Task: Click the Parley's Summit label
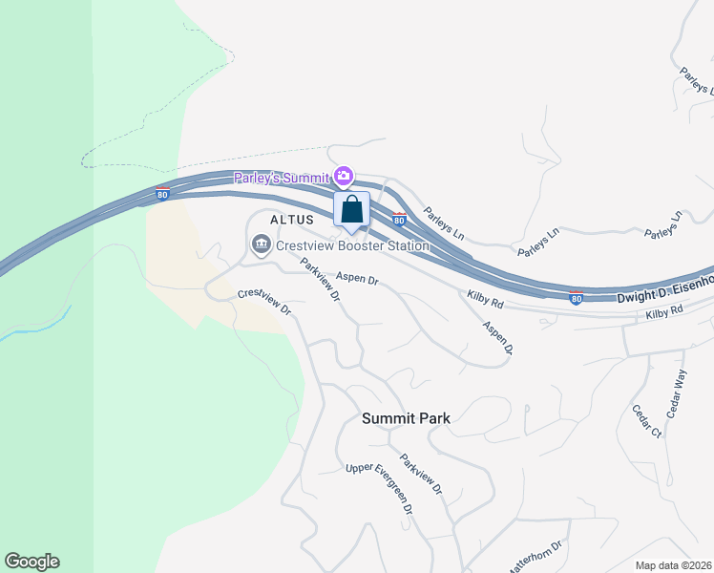tap(283, 177)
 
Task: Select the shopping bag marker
tap(351, 209)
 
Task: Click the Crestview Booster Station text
tap(352, 245)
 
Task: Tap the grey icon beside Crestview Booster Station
tap(261, 245)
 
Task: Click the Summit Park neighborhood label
tap(406, 417)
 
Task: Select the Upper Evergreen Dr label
tap(379, 488)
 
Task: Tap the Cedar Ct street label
tap(646, 421)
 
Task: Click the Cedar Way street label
tap(677, 391)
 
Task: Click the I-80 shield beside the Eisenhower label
tap(577, 297)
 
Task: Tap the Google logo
tap(31, 562)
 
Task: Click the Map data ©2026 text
tap(673, 565)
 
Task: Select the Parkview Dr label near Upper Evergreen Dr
tap(421, 474)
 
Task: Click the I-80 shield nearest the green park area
tap(162, 193)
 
